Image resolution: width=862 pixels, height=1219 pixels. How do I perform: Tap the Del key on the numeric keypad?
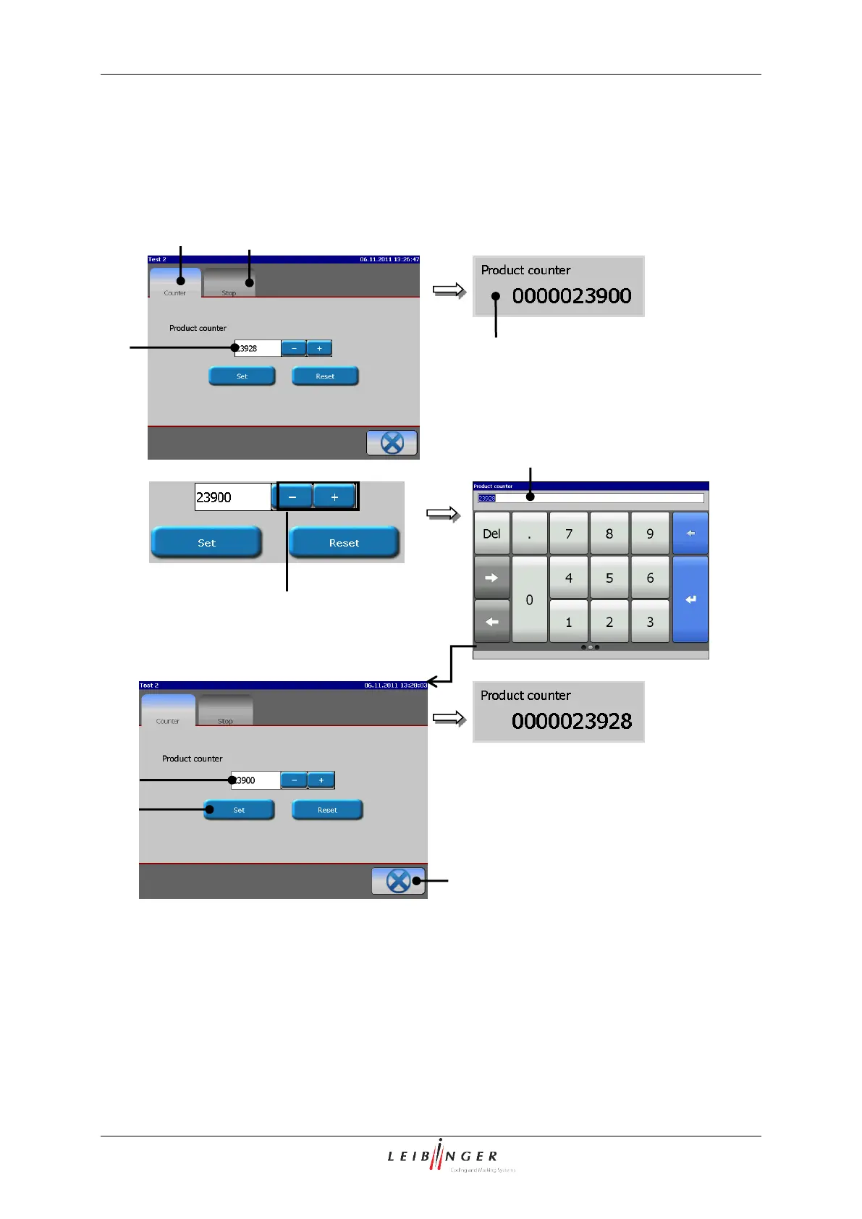[x=491, y=533]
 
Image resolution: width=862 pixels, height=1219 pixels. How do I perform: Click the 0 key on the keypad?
[x=529, y=599]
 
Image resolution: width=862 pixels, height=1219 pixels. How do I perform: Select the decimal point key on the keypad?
[x=529, y=533]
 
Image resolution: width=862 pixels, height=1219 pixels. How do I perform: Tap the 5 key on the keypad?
[x=609, y=578]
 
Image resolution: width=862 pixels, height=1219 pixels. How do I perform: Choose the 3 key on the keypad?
[x=649, y=622]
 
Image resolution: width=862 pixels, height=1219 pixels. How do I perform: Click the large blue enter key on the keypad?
[x=690, y=599]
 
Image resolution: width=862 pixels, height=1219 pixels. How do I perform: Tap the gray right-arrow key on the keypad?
[x=491, y=578]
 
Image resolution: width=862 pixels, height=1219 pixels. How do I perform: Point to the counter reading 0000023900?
[x=572, y=295]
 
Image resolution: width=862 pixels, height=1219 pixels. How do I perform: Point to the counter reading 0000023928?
[x=572, y=721]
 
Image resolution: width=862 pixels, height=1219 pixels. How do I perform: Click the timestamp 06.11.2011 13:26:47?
[x=389, y=259]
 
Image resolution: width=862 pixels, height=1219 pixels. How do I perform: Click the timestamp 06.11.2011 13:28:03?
[x=395, y=685]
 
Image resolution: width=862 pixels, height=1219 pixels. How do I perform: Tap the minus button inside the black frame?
[x=292, y=497]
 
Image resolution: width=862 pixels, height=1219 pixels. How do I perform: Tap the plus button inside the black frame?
[x=334, y=497]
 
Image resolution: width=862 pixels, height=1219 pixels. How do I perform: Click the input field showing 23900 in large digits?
[x=232, y=497]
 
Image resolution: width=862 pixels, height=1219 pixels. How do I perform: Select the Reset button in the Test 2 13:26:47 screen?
[x=325, y=376]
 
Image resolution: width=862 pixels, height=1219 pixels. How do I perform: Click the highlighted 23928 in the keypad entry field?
[x=486, y=498]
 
